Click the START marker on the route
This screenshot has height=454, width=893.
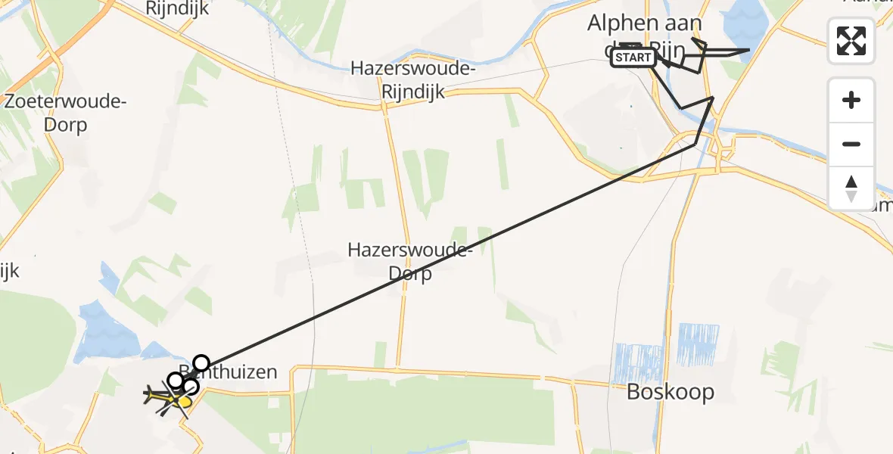click(633, 58)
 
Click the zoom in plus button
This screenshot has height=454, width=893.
click(851, 100)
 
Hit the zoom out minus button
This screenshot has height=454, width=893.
click(851, 144)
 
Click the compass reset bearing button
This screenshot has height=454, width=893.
click(851, 188)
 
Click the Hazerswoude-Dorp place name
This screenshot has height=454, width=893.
click(410, 261)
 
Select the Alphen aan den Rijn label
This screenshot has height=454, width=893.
click(646, 34)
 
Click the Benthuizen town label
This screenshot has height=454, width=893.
click(235, 372)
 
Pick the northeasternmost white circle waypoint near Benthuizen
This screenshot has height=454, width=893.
click(201, 363)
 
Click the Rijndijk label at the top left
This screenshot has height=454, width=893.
click(177, 8)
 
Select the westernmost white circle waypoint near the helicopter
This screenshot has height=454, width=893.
click(175, 380)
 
